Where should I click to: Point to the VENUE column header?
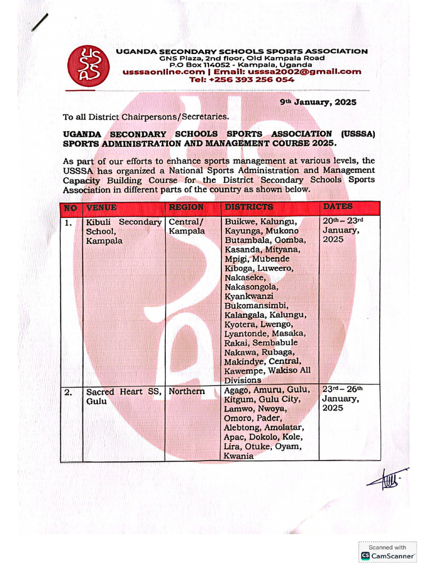click(x=101, y=207)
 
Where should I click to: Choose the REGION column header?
click(x=186, y=207)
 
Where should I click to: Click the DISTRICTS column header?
click(x=249, y=207)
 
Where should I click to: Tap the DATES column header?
click(x=338, y=207)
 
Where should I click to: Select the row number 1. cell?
click(x=68, y=222)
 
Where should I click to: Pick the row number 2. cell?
click(x=68, y=392)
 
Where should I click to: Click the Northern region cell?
click(x=187, y=392)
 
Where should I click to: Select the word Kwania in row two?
click(x=238, y=456)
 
